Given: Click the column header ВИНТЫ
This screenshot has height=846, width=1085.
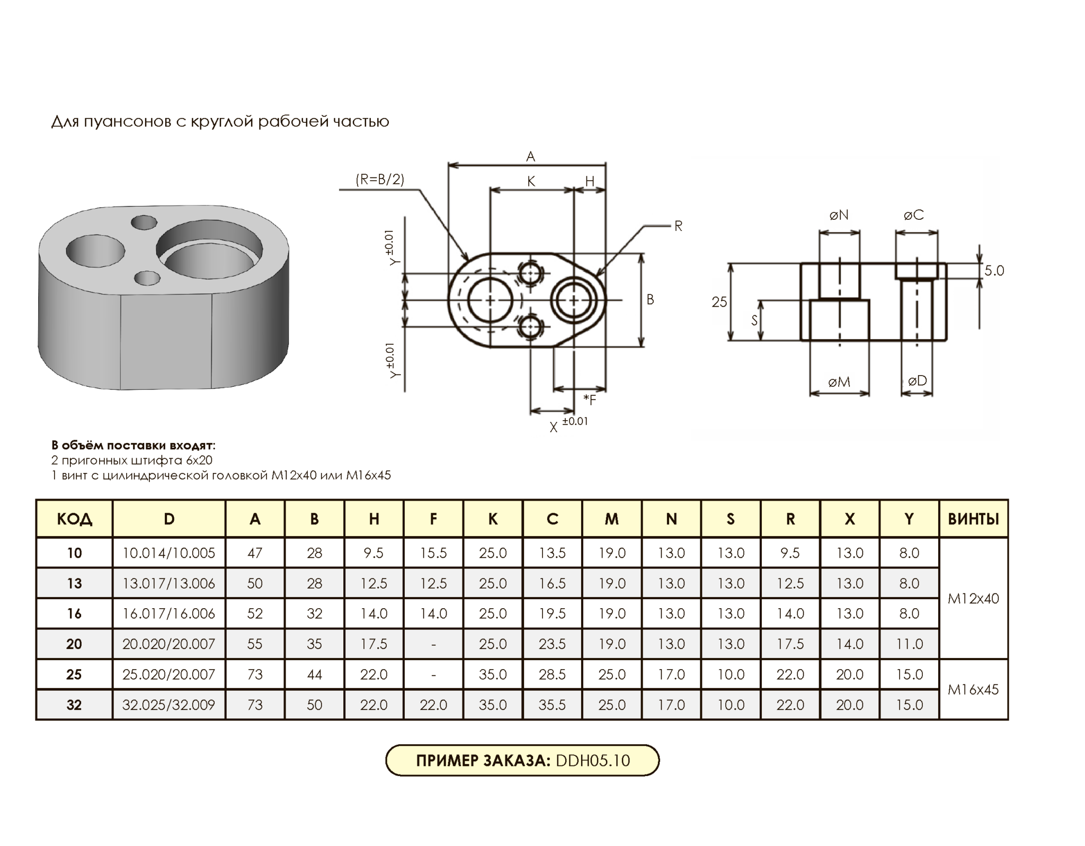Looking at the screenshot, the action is click(x=973, y=519).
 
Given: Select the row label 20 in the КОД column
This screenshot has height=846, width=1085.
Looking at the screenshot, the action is click(x=74, y=644).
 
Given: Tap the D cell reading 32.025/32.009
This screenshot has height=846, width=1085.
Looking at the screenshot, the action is click(x=168, y=705).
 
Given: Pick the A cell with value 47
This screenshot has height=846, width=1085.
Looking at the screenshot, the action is click(x=255, y=553).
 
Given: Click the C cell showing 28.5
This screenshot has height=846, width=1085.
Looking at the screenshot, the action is click(x=552, y=674).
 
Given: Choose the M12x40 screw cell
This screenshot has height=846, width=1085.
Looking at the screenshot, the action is click(x=973, y=599).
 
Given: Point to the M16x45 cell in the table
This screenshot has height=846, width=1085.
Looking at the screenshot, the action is click(x=973, y=690).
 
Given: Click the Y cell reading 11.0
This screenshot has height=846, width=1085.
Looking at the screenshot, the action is click(x=909, y=644).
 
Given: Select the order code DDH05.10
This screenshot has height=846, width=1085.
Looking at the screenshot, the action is click(x=593, y=761).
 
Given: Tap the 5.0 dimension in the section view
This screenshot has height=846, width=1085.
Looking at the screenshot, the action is click(x=994, y=271).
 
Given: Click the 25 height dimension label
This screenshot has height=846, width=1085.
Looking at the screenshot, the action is click(x=719, y=302).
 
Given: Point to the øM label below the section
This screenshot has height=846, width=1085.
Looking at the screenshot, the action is click(x=839, y=382).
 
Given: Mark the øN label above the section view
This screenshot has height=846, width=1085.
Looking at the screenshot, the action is click(x=839, y=215).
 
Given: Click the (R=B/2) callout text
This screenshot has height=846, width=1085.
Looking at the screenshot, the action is click(x=380, y=180).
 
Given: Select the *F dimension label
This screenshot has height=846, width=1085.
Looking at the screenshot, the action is click(x=590, y=400).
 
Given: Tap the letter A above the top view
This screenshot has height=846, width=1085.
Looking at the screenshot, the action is click(x=530, y=157).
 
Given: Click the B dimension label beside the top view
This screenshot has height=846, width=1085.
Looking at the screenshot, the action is click(x=650, y=300).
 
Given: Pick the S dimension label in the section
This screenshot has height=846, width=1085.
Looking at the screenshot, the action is click(x=754, y=320).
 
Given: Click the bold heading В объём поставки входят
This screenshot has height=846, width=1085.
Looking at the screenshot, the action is click(x=133, y=446).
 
